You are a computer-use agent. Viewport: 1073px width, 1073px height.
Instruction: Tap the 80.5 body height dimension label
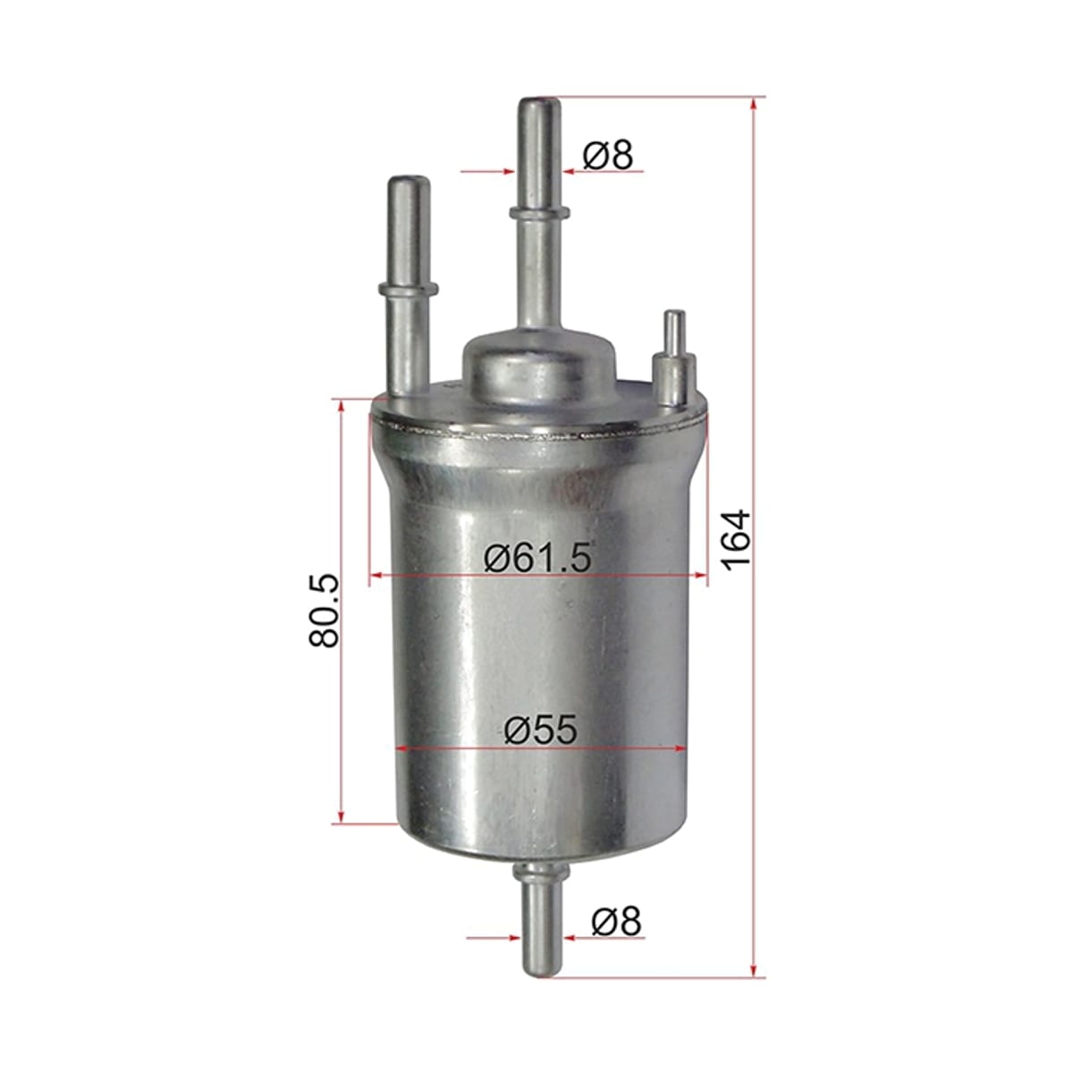coord(324,611)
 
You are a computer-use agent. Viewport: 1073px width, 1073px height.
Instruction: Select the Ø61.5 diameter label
coord(536,557)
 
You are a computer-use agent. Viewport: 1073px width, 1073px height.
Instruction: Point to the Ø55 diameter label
coord(539,730)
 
